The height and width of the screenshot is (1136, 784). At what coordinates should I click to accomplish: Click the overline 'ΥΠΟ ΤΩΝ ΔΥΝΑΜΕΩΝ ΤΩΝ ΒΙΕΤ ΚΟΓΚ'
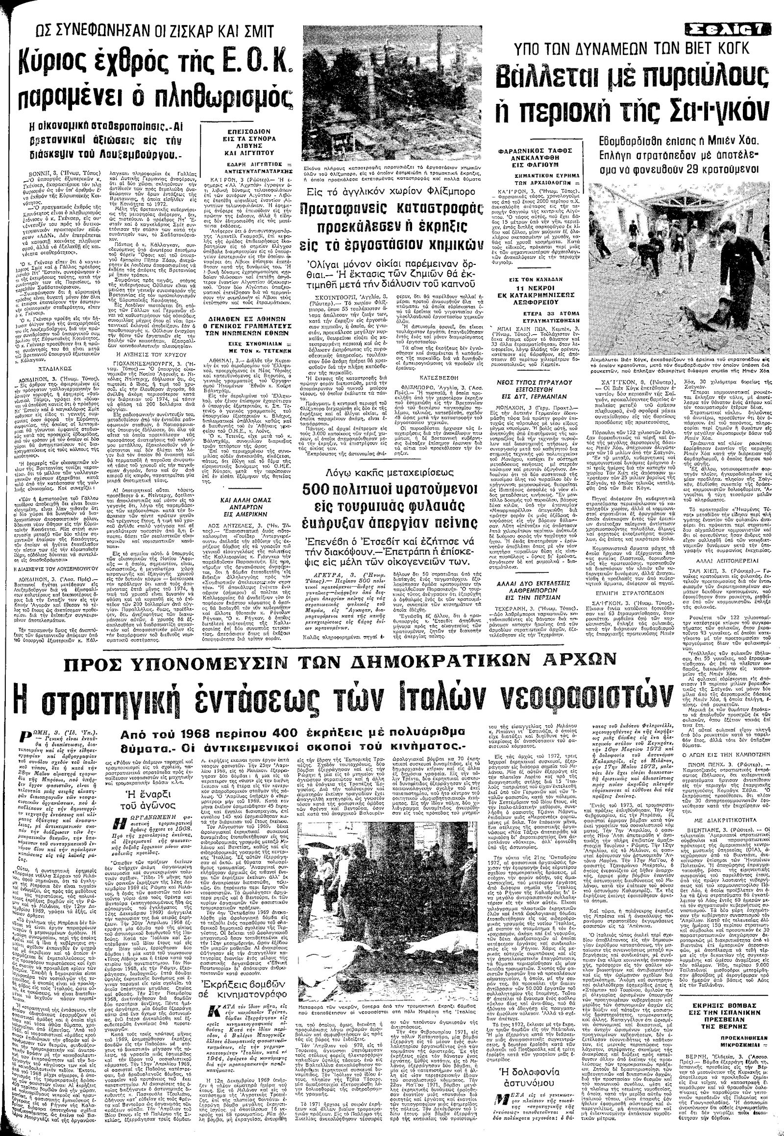624,48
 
